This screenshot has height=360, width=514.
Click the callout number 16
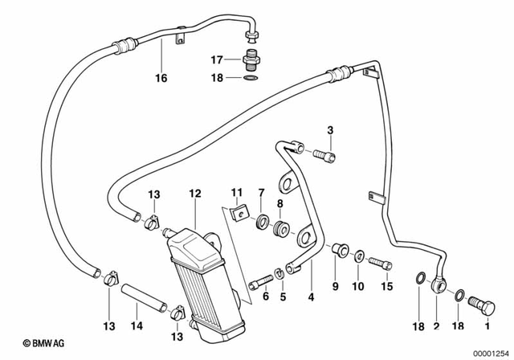click(x=161, y=79)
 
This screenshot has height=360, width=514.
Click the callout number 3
click(x=329, y=130)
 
